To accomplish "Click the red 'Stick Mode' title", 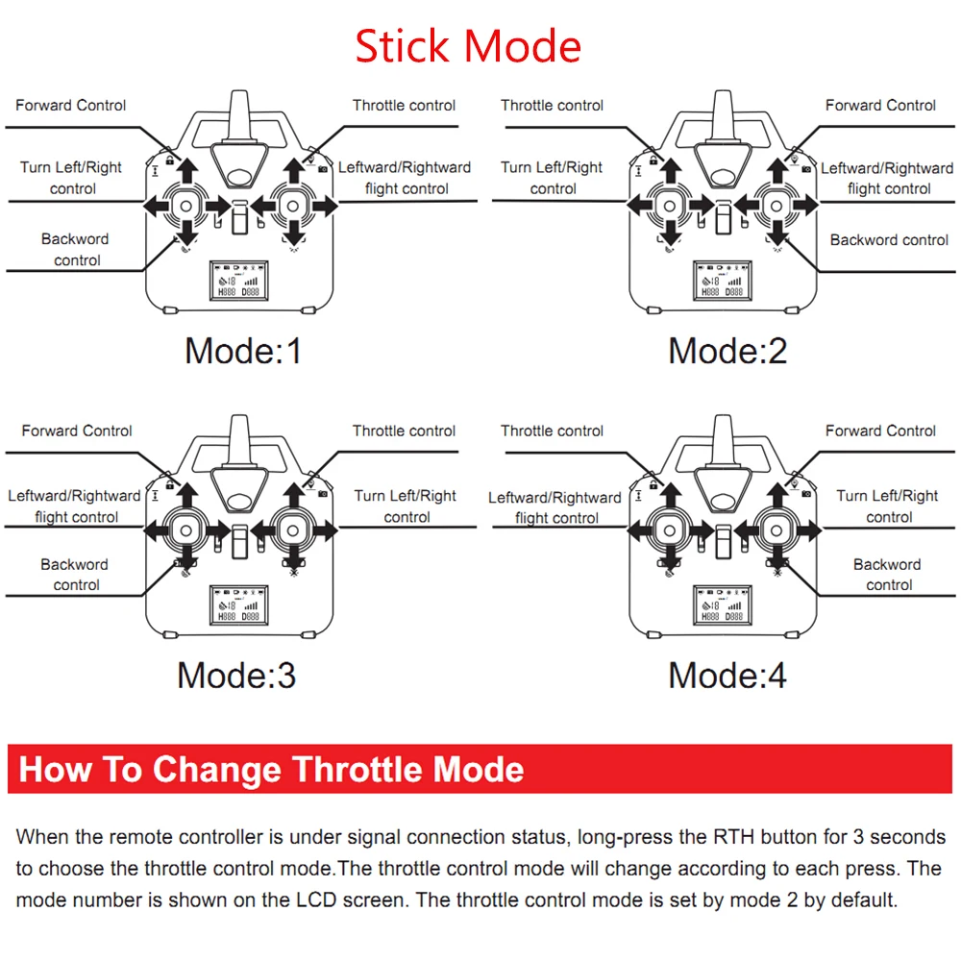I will click(x=468, y=46).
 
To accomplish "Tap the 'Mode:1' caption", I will click(x=243, y=351).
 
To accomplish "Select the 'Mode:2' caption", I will click(x=727, y=351).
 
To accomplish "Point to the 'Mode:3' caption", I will click(x=236, y=676).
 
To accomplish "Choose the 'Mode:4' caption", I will click(x=727, y=676).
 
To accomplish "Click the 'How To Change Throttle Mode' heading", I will click(x=272, y=770).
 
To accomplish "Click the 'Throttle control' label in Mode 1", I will click(x=404, y=106).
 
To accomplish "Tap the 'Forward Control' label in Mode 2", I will click(x=880, y=106).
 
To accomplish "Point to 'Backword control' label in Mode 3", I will click(x=75, y=575).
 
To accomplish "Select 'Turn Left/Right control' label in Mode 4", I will click(x=888, y=506).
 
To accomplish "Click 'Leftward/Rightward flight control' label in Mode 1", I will click(x=405, y=178).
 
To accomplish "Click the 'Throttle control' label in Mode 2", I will click(x=553, y=106).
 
